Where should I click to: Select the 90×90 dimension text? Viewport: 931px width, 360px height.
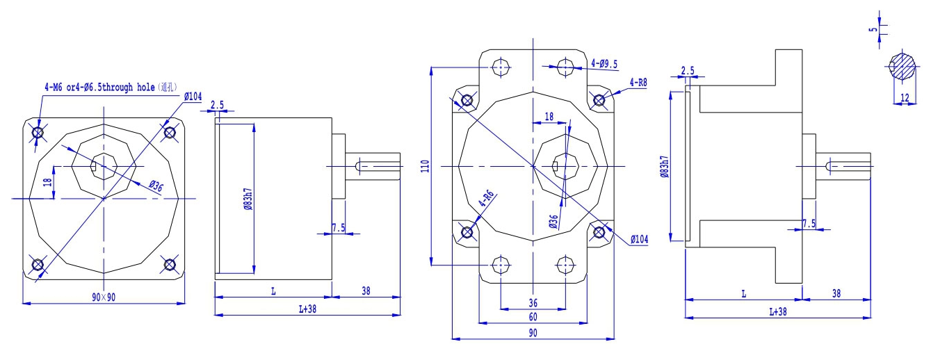pos(104,297)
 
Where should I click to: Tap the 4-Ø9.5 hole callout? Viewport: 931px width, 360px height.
pos(604,63)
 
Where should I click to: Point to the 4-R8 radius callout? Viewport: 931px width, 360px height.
pos(638,82)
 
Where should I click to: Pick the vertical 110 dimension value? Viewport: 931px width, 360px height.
pos(425,165)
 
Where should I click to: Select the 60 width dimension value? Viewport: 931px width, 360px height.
pos(533,317)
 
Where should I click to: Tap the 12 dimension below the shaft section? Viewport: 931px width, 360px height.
pos(904,99)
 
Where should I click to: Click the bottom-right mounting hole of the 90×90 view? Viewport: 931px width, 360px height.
pos(169,264)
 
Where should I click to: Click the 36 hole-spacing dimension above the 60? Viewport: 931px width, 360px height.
pos(533,302)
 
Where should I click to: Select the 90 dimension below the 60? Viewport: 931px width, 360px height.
pos(533,333)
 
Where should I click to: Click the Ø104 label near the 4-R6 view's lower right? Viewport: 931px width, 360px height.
pos(639,239)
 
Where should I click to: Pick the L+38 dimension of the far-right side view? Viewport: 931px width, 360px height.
pos(777,312)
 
